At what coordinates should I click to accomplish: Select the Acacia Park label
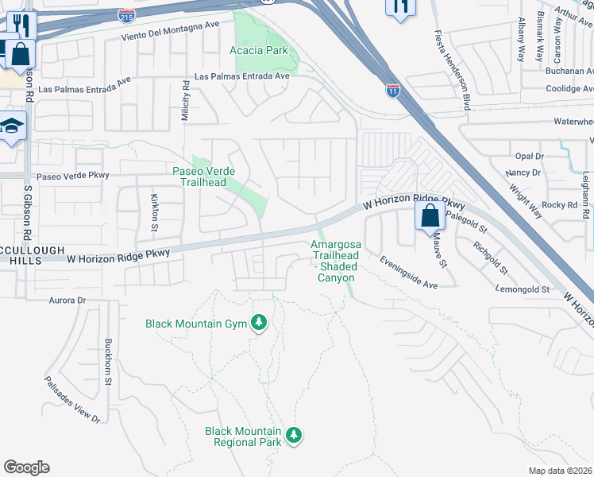(x=258, y=51)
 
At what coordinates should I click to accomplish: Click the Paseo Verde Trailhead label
(x=200, y=176)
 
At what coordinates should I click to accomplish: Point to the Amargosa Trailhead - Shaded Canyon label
(x=335, y=261)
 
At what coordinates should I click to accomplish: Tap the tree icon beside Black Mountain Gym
(x=258, y=323)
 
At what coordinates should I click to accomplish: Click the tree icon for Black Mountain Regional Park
(x=294, y=435)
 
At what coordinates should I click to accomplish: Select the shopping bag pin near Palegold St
(x=430, y=215)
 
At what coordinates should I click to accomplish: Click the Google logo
(x=26, y=467)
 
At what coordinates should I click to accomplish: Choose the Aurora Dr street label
(x=67, y=301)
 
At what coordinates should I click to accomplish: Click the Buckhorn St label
(x=107, y=363)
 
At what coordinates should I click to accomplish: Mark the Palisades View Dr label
(x=72, y=398)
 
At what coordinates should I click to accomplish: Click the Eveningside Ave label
(x=408, y=273)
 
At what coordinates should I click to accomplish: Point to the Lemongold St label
(x=522, y=290)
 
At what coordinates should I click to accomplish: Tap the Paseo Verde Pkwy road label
(x=71, y=176)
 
